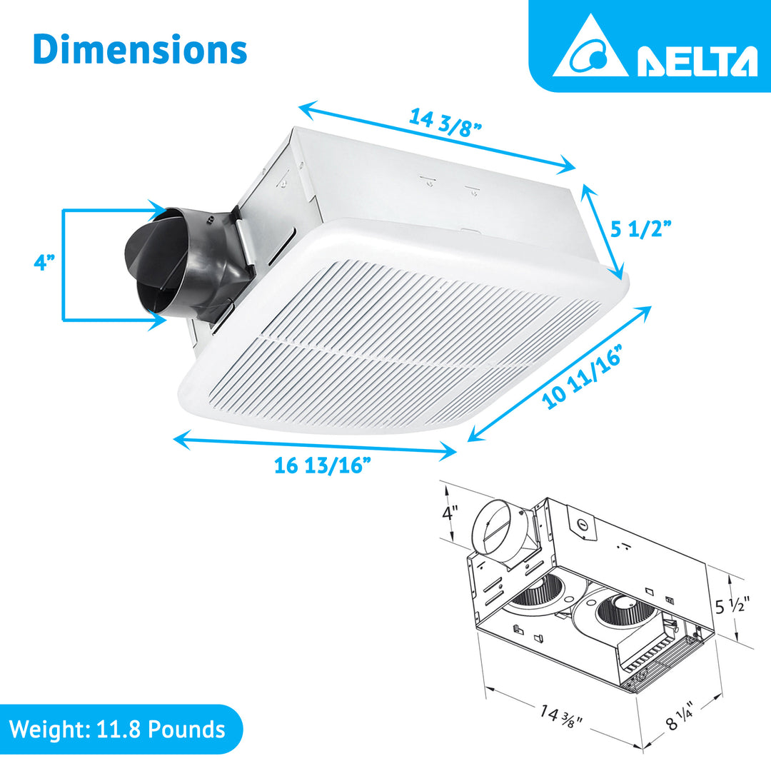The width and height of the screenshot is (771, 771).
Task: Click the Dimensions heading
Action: [140, 49]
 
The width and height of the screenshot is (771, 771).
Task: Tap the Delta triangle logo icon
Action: [590, 49]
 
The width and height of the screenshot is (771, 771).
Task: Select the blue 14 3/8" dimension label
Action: [446, 121]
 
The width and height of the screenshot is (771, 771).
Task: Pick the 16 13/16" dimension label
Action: [323, 465]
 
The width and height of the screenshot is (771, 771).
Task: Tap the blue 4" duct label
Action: [44, 263]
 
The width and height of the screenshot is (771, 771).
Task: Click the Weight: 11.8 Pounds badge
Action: [118, 730]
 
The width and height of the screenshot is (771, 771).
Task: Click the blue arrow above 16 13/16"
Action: [314, 443]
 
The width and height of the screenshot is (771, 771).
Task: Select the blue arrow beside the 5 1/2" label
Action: [604, 230]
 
